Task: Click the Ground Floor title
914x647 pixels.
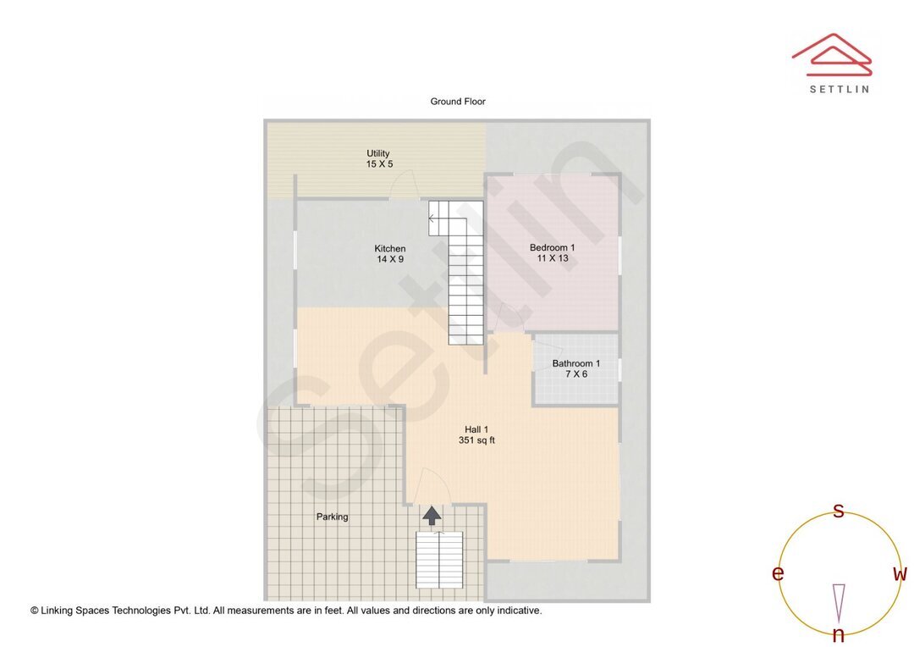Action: [458, 102]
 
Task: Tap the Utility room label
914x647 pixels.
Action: [378, 153]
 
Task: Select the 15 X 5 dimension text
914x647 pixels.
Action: [379, 164]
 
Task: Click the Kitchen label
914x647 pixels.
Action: [390, 248]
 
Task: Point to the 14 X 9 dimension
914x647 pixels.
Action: [390, 259]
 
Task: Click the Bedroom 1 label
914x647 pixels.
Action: [552, 247]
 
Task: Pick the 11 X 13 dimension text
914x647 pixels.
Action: [552, 258]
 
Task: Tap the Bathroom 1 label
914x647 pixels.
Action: [576, 363]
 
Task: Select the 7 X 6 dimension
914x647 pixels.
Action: [576, 374]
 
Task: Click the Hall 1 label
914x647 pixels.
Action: [476, 429]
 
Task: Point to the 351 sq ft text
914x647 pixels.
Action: [476, 440]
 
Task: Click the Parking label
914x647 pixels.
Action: [333, 517]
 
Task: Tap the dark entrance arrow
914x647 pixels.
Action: [432, 515]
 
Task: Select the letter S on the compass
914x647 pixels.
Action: [839, 511]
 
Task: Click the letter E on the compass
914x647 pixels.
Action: [778, 574]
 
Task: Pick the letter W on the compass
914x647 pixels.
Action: [900, 574]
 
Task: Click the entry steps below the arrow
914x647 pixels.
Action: [439, 560]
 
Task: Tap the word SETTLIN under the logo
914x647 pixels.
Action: [839, 88]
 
